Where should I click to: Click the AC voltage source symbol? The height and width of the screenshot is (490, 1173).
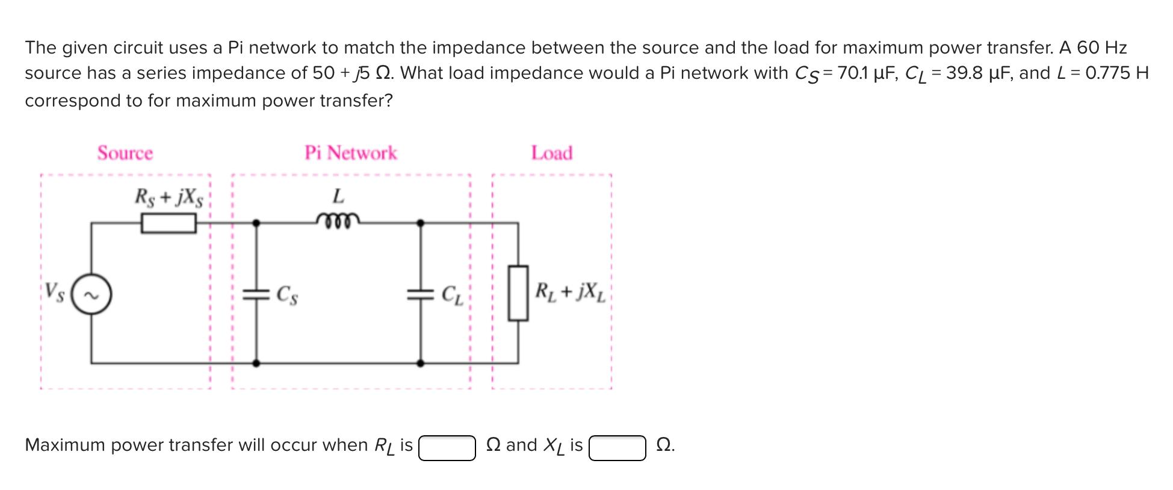click(91, 295)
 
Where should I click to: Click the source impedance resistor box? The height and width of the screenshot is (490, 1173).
click(169, 223)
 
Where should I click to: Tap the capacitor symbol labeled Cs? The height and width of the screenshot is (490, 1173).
click(256, 294)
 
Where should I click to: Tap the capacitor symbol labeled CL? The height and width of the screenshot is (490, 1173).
click(421, 294)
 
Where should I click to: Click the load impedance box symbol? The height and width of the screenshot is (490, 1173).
click(518, 293)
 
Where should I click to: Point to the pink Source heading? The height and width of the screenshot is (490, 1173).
click(125, 153)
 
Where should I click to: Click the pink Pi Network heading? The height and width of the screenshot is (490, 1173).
click(350, 153)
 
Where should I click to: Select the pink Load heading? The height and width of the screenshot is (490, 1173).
click(551, 153)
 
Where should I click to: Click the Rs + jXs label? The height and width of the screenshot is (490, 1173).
click(169, 197)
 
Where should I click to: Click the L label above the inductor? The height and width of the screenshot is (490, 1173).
click(338, 196)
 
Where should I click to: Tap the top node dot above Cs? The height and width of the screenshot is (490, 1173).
click(256, 223)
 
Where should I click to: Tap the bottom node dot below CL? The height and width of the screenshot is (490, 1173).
click(421, 363)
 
